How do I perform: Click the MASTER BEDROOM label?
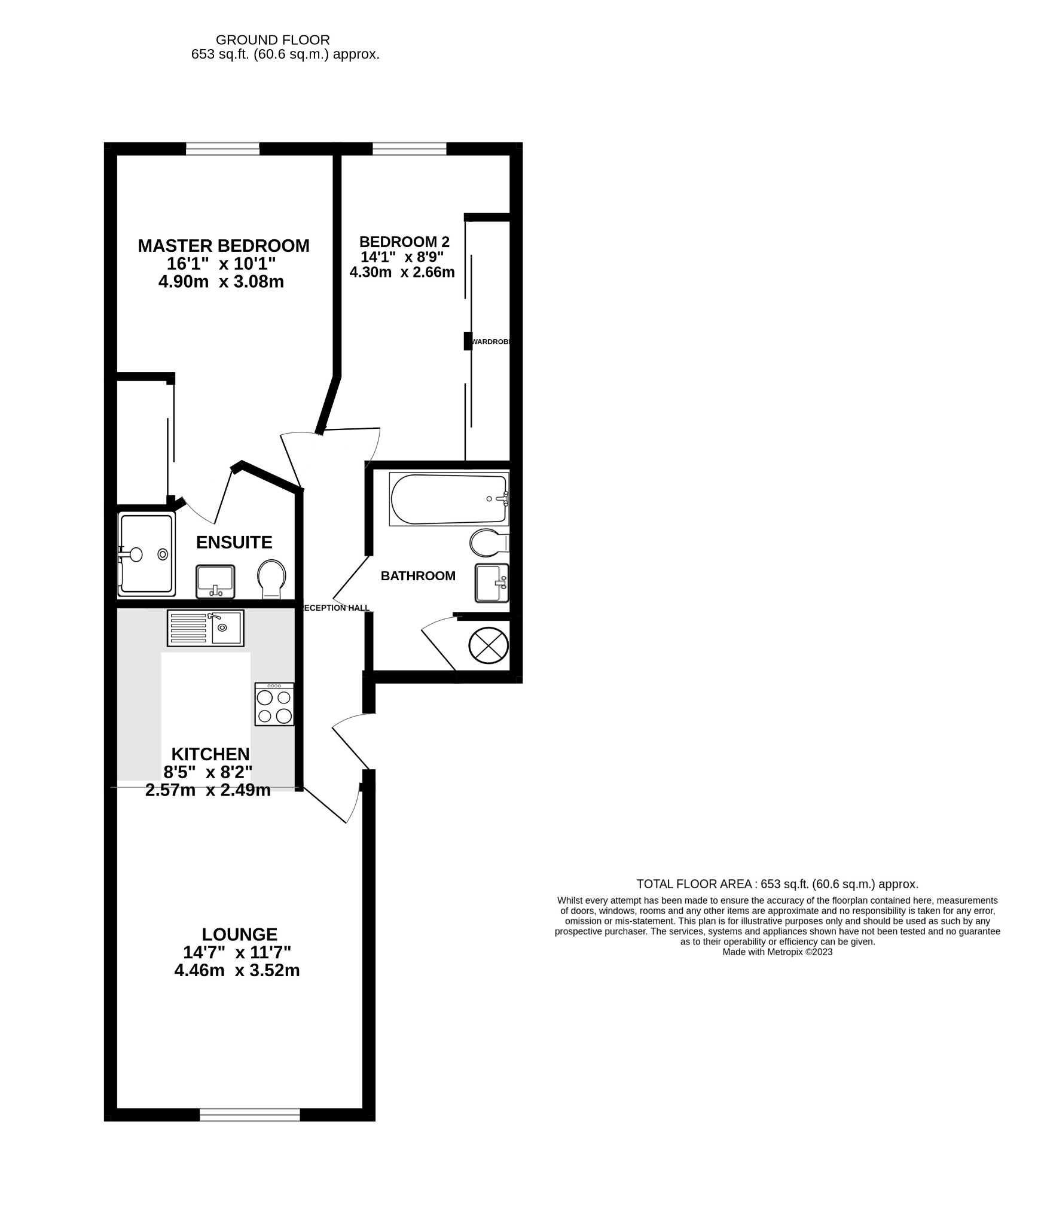pos(223,246)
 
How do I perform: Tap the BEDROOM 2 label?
pos(404,242)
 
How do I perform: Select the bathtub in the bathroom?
pos(448,499)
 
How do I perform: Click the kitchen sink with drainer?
pos(205,628)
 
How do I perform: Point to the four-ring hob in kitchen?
pos(274,705)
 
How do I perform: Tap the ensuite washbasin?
pos(215,581)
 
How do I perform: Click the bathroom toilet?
pos(487,543)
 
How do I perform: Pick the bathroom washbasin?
pos(492,583)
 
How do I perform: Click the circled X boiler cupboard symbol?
pos(488,645)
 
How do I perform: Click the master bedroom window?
pos(222,149)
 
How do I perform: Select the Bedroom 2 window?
pos(409,149)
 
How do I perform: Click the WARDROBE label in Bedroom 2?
pos(491,342)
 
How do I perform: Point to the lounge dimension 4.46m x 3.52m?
pos(237,970)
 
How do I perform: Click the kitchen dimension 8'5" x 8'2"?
pos(207,772)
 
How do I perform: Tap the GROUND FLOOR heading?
pos(272,40)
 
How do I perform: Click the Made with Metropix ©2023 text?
pos(777,952)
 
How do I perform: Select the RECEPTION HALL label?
pos(336,608)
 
